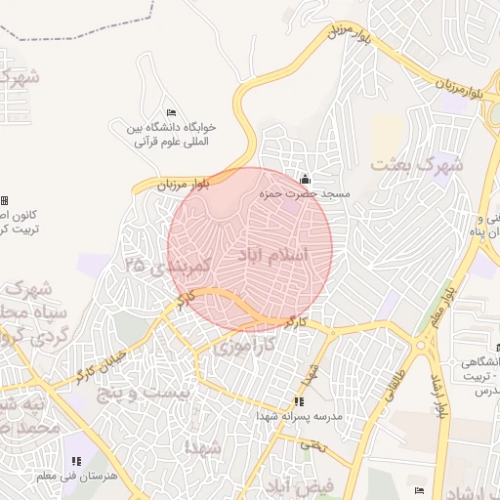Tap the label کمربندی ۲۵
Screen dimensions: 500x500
168,265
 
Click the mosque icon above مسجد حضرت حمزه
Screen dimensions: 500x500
305,180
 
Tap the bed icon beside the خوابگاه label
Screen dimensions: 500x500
172,113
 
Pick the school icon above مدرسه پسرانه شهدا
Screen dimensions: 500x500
299,401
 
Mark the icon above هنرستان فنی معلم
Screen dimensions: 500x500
76,460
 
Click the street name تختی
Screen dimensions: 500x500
312,444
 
